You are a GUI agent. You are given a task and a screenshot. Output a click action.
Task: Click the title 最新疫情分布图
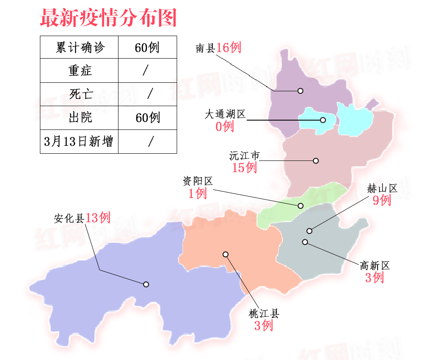(x=108, y=18)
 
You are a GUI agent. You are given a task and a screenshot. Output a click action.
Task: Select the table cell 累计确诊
(x=79, y=47)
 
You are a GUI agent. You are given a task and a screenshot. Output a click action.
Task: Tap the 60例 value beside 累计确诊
(x=147, y=47)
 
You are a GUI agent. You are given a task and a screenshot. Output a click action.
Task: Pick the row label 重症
(x=79, y=70)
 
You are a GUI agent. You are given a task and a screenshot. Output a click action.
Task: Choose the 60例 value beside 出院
(x=147, y=118)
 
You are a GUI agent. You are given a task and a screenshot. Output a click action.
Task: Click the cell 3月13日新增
(x=79, y=141)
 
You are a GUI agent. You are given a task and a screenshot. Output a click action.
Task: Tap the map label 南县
(x=205, y=48)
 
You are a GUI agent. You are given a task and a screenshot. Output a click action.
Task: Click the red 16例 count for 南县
(x=228, y=48)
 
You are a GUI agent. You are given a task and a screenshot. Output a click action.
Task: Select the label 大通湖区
(x=225, y=115)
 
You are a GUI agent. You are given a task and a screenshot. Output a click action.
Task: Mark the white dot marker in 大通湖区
(x=323, y=120)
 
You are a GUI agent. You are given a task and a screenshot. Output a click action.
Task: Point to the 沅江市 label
(x=244, y=156)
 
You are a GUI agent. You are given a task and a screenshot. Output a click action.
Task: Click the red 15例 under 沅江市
(x=244, y=168)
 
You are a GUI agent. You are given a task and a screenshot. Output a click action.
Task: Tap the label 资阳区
(x=197, y=182)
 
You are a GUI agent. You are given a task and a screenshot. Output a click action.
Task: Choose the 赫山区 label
(x=382, y=188)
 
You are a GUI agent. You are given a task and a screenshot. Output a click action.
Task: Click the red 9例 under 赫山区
(x=382, y=200)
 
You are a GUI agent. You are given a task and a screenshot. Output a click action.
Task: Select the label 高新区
(x=375, y=266)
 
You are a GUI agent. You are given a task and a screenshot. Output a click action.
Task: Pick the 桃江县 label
(x=264, y=314)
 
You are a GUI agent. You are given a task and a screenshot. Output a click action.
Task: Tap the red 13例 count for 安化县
(x=98, y=218)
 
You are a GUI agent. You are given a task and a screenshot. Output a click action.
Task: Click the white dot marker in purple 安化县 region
(x=146, y=284)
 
